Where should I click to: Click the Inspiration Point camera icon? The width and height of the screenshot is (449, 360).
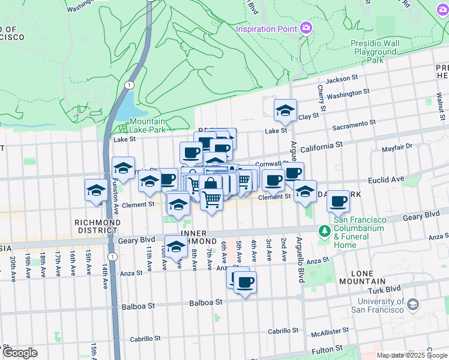click(x=306, y=28)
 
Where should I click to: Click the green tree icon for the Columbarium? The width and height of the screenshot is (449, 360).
click(x=325, y=230)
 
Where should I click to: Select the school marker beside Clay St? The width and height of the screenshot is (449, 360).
click(x=285, y=110)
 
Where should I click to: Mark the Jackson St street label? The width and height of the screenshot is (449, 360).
click(x=342, y=78)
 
